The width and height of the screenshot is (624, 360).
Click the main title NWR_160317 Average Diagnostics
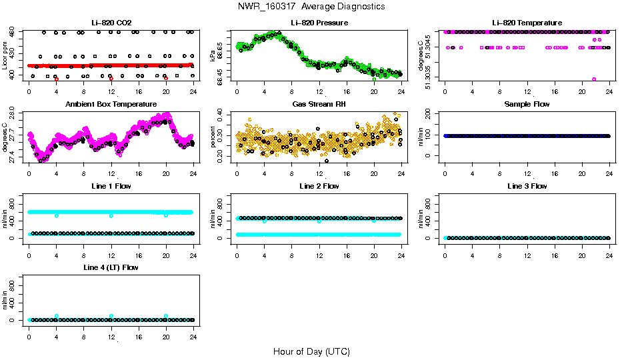pos(311,7)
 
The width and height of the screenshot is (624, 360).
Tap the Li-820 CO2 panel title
pos(111,23)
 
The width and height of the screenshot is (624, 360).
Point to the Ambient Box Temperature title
pos(111,104)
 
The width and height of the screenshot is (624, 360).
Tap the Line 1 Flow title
pos(111,186)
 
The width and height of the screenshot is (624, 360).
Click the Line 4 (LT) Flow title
pos(111,267)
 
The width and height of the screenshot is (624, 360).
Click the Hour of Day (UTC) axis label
pos(311,351)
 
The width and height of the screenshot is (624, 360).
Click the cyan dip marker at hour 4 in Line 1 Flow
pos(57,216)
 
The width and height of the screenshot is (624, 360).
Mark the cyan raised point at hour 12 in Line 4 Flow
pos(111,316)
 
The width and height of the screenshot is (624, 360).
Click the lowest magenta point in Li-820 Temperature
pos(594,79)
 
